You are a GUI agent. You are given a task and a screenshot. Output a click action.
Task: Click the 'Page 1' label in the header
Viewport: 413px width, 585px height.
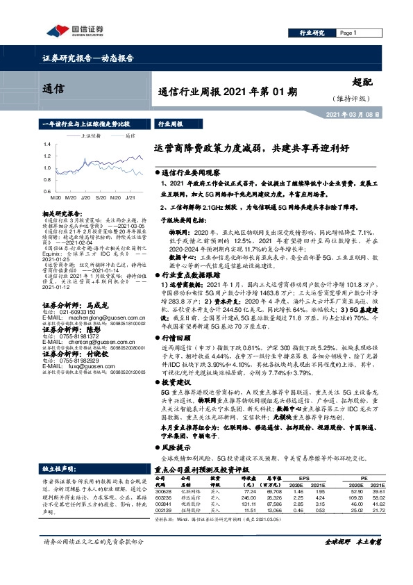348,33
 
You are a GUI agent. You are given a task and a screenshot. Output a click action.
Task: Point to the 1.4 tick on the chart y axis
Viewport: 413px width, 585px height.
46,144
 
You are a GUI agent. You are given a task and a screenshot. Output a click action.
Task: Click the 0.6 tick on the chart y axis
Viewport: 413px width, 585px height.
46,190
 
